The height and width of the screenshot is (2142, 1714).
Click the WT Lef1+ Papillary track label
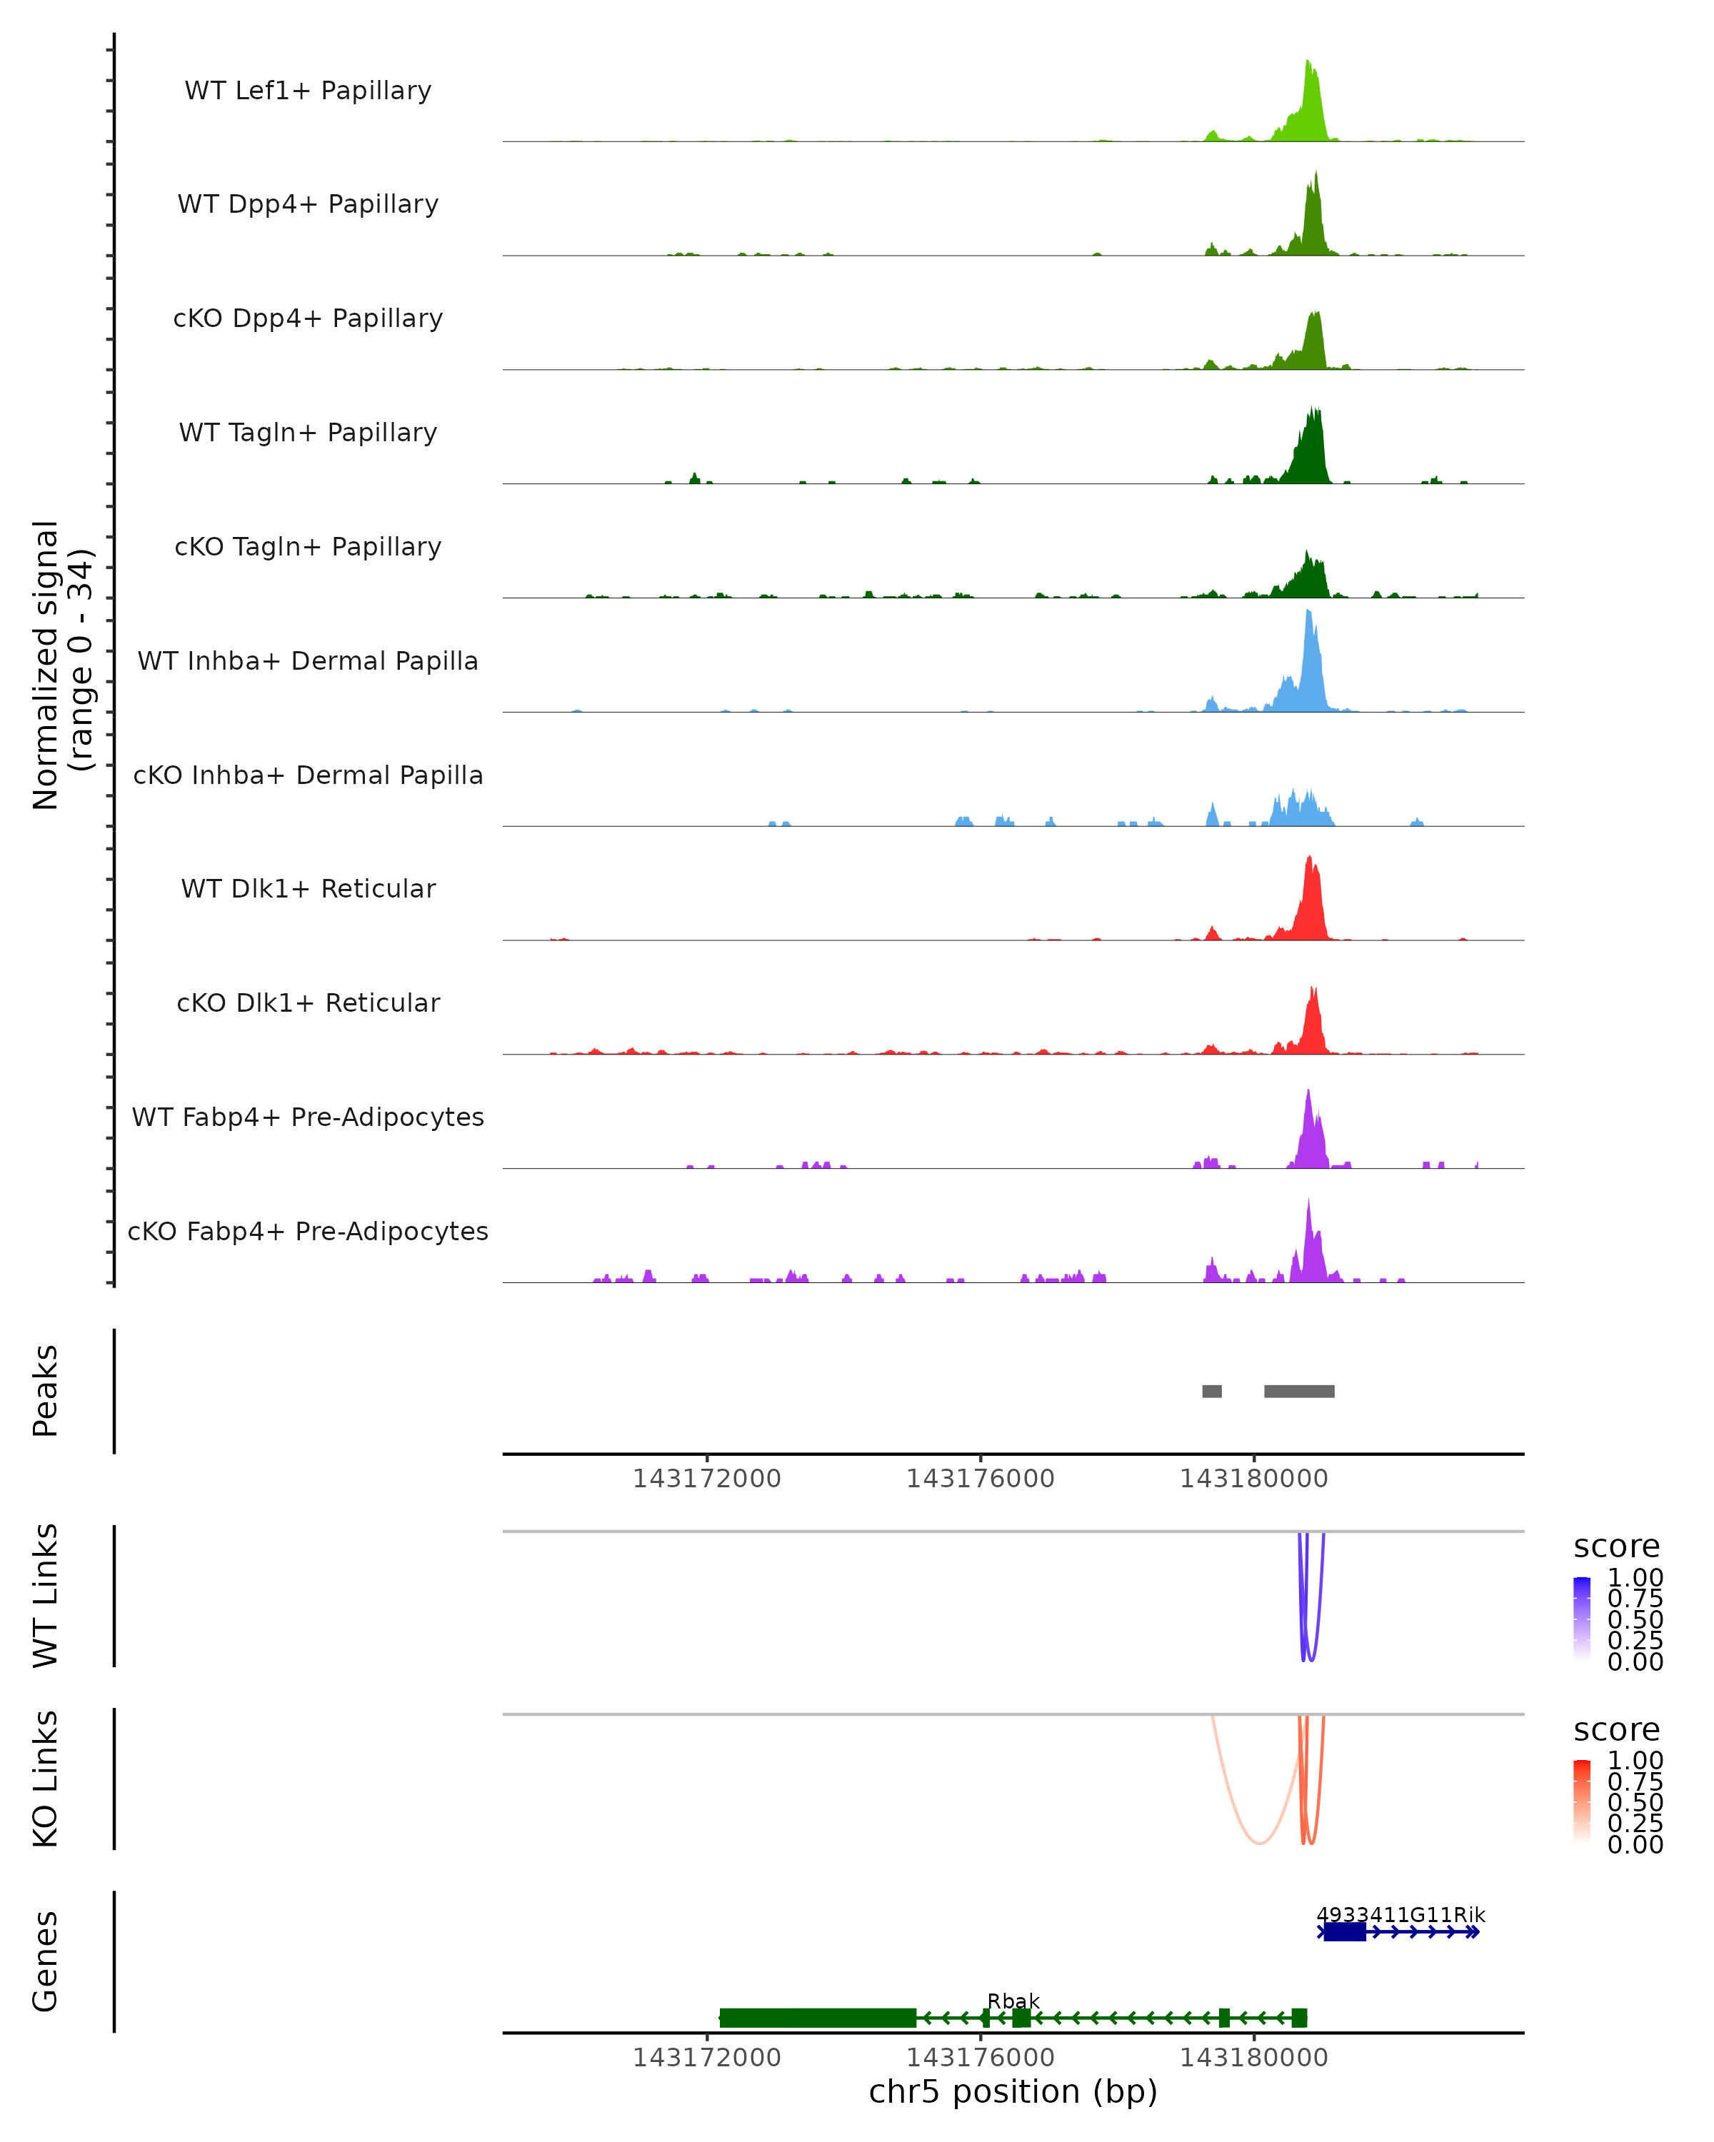[308, 91]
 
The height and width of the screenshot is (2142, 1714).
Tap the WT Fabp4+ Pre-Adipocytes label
[308, 1117]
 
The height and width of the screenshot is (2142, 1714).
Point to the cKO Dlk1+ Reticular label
[308, 1002]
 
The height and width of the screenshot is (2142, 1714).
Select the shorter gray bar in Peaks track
[1211, 1391]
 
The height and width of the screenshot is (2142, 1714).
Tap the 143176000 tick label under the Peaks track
[980, 1479]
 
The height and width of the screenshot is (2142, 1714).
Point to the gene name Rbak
[1013, 2001]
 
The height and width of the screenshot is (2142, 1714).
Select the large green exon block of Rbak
[817, 2018]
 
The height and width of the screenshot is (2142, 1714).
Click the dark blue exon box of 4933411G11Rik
[1344, 1931]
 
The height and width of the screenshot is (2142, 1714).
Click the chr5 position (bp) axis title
[1013, 2091]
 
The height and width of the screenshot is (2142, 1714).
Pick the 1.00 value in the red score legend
[1635, 1761]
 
